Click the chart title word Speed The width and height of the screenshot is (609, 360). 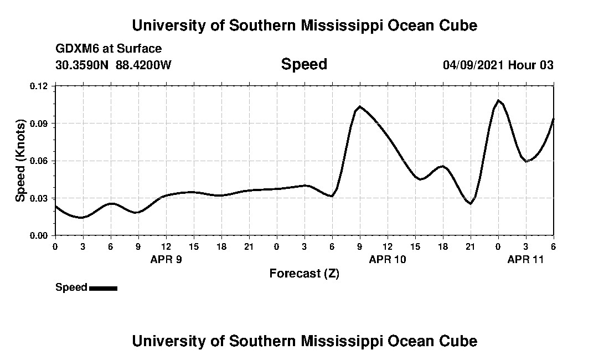[x=304, y=64]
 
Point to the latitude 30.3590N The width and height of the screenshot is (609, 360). [x=83, y=65]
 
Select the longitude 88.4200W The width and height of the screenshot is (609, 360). [x=143, y=65]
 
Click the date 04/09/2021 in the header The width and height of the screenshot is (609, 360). [x=473, y=65]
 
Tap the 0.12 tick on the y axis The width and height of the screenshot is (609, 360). [x=39, y=86]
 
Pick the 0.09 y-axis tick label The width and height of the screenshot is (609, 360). [x=39, y=123]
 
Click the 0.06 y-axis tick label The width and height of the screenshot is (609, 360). [x=39, y=161]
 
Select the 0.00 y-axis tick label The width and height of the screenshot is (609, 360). [x=39, y=235]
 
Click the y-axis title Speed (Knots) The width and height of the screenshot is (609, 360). [x=20, y=161]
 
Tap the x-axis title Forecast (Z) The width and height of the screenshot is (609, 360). [x=304, y=274]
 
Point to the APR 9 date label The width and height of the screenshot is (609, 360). [x=166, y=259]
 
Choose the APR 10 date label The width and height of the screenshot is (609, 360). [x=388, y=259]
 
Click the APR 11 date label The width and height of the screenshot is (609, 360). [x=526, y=259]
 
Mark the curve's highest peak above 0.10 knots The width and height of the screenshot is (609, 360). [x=498, y=100]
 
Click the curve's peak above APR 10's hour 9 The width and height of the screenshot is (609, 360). [x=360, y=106]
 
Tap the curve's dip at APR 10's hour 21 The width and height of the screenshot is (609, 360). [x=471, y=204]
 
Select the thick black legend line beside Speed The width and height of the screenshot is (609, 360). [x=103, y=288]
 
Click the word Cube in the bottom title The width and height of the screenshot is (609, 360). [x=457, y=341]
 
